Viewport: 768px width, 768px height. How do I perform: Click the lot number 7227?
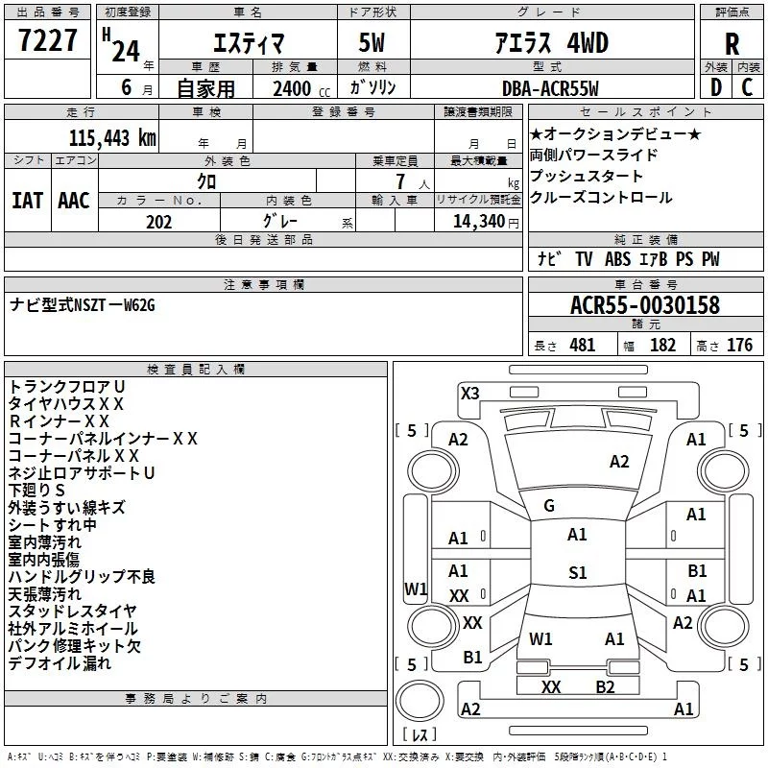[x=48, y=40]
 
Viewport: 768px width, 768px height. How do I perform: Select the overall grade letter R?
[x=732, y=44]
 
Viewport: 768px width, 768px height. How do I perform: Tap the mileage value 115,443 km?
[x=112, y=138]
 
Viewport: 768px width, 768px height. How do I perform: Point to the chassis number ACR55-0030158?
[x=645, y=305]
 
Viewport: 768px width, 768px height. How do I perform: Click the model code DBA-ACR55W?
[x=550, y=88]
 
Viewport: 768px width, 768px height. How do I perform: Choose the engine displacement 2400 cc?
[x=301, y=88]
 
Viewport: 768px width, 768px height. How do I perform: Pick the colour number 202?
[x=158, y=222]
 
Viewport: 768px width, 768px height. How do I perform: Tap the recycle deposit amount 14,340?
[x=479, y=222]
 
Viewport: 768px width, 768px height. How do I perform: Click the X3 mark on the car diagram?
[x=469, y=393]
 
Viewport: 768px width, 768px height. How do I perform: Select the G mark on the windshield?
[x=549, y=506]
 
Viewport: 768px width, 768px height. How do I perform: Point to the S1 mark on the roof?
[x=578, y=572]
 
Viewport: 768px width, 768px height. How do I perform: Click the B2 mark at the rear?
[x=605, y=687]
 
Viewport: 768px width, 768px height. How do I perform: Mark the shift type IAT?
[x=28, y=201]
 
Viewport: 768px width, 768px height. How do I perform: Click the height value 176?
[x=739, y=346]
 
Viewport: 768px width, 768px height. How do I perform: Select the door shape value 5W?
[x=372, y=43]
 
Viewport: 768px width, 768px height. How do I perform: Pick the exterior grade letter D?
[x=715, y=87]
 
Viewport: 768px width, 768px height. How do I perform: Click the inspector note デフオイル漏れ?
[x=60, y=663]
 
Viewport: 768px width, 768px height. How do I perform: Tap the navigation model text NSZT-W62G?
[x=114, y=305]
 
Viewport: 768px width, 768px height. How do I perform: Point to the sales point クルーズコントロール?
[x=601, y=198]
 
